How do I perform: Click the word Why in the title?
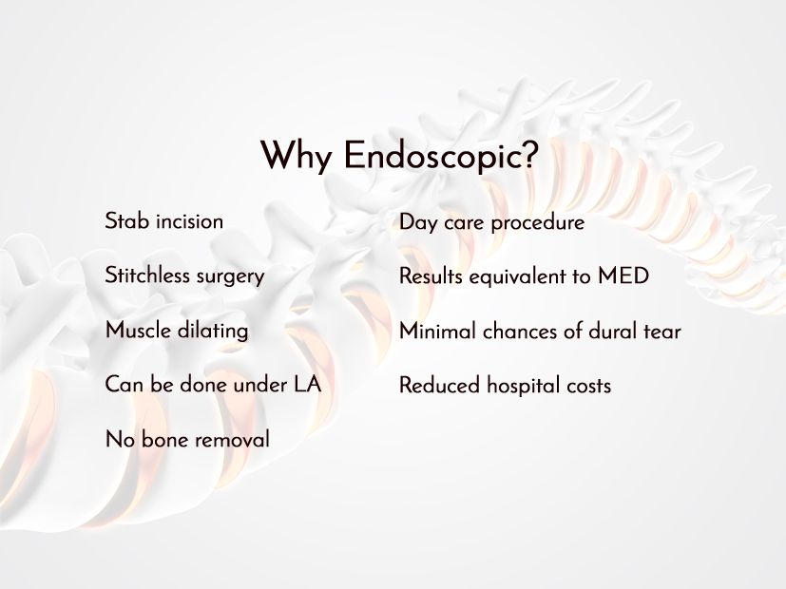click(296, 156)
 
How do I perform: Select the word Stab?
click(127, 220)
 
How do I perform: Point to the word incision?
click(189, 220)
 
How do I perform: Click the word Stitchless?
click(147, 275)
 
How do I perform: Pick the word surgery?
click(230, 277)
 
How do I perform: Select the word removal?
click(232, 439)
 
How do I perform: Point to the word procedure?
click(538, 223)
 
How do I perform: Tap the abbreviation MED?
click(623, 275)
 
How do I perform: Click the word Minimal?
click(437, 331)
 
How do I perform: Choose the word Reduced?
click(440, 385)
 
